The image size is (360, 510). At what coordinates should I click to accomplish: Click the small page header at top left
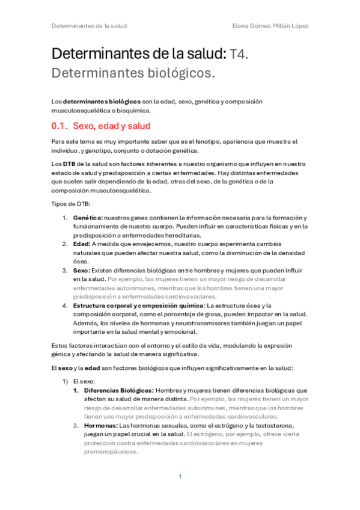[x=89, y=26]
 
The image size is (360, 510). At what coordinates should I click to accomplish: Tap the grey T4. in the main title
[x=239, y=54]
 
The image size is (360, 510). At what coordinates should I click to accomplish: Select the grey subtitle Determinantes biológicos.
[x=133, y=74]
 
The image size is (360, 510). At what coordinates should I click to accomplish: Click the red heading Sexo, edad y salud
[x=111, y=126]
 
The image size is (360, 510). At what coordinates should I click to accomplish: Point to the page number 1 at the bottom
[x=180, y=476]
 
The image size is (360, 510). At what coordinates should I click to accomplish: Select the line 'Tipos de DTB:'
[x=72, y=204]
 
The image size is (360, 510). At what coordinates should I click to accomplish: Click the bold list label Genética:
[x=88, y=217]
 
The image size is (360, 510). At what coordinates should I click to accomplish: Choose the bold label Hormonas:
[x=100, y=425]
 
